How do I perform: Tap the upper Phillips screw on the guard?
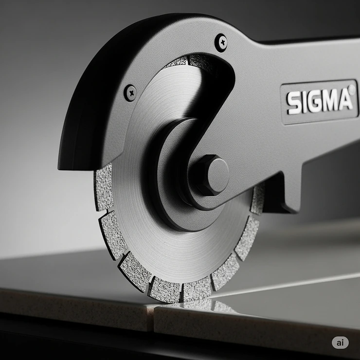pos(221,42)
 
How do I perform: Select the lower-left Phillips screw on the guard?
pos(130,92)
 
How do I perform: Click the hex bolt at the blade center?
pos(209,175)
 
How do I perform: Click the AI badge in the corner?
pos(340,342)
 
